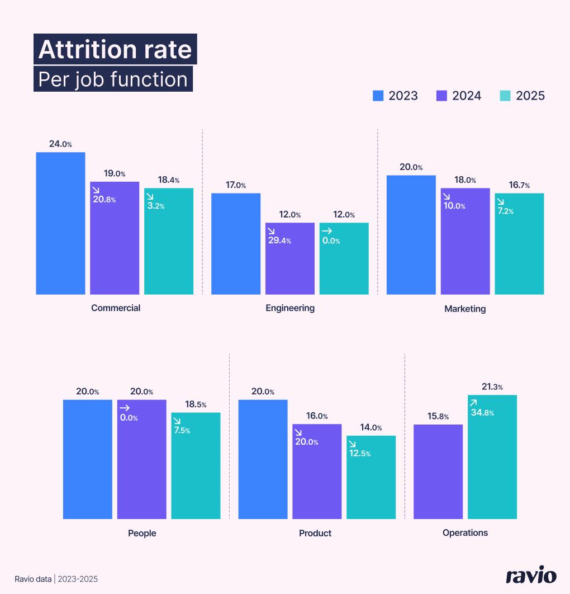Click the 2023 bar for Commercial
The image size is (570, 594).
(x=60, y=223)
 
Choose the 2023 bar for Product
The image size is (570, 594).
(x=263, y=459)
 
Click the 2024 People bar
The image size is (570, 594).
(x=142, y=459)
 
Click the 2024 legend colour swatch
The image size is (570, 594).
(x=441, y=96)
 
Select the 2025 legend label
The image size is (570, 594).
(x=530, y=96)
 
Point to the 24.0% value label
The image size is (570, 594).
(x=60, y=144)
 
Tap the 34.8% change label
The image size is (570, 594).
(x=483, y=413)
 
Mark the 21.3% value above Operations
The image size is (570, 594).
(x=492, y=387)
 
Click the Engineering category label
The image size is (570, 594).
(x=290, y=308)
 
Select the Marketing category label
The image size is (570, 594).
(x=465, y=309)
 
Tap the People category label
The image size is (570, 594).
(x=142, y=533)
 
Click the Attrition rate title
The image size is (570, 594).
(x=115, y=50)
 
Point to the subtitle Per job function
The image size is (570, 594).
(x=113, y=79)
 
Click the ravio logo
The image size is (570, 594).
(x=531, y=576)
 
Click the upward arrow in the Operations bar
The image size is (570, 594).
(x=473, y=403)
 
